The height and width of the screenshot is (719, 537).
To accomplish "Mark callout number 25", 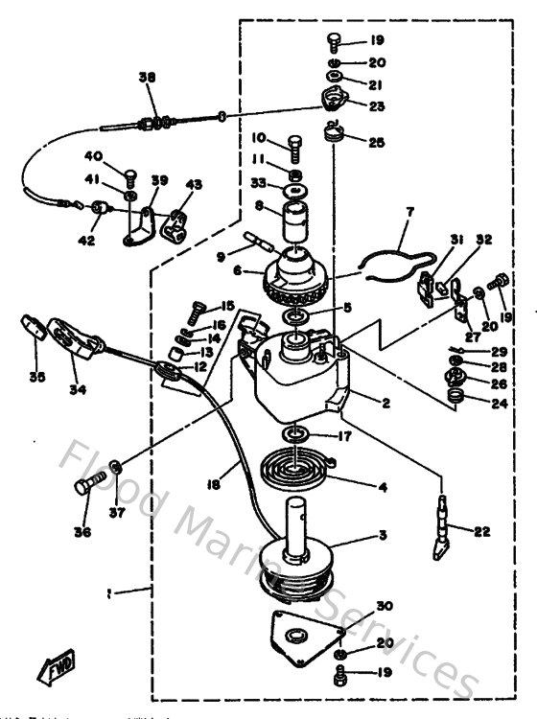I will pyautogui.click(x=376, y=142).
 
